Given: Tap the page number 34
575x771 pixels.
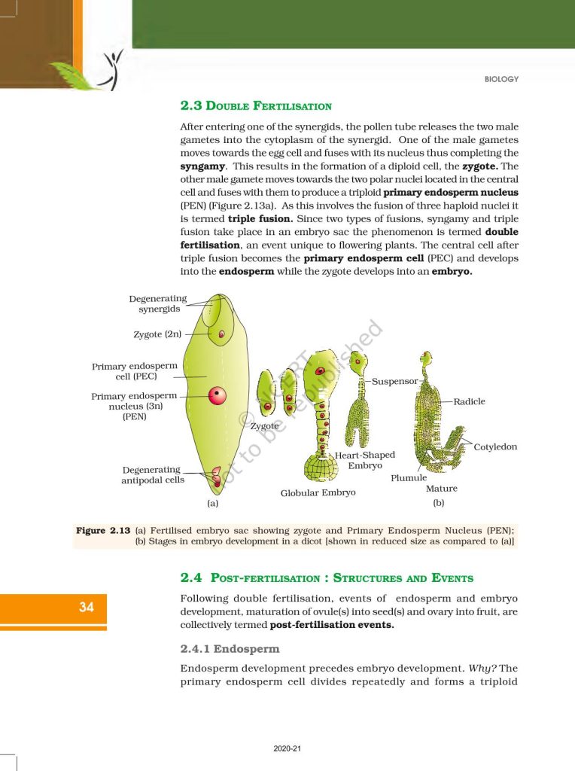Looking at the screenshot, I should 87,607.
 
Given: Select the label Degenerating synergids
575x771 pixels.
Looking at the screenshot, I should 158,304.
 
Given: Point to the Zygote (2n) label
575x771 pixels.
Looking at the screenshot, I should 157,334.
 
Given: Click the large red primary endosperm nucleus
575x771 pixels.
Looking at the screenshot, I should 218,395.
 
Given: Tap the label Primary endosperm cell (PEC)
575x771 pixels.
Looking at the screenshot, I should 135,371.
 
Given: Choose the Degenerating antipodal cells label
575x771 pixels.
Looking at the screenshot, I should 153,475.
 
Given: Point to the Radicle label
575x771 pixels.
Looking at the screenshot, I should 469,401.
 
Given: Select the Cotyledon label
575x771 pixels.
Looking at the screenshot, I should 495,447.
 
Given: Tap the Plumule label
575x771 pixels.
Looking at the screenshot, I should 409,478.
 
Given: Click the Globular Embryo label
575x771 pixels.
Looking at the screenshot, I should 318,493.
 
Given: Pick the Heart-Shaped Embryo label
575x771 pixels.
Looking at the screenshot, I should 365,461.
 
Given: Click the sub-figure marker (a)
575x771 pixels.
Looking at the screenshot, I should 212,502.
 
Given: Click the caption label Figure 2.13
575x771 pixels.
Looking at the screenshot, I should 103,531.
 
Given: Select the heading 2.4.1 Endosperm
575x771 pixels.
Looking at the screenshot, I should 230,648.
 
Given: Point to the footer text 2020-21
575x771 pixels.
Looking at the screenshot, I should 287,749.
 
